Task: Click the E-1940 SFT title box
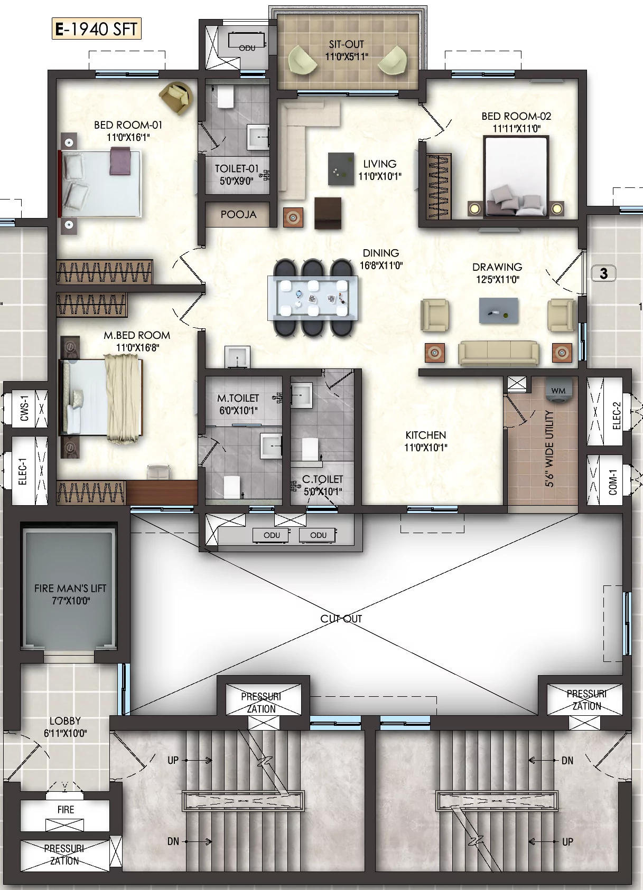(97, 29)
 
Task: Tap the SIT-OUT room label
(347, 44)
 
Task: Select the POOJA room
(237, 214)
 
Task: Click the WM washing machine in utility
(558, 391)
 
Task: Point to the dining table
(313, 298)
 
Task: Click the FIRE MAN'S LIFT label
(70, 588)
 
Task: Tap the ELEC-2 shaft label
(617, 415)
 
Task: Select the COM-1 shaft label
(613, 482)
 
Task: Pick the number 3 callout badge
(603, 273)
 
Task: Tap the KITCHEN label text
(425, 435)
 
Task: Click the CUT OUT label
(341, 619)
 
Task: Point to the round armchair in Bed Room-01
(176, 98)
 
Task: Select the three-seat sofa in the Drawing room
(499, 353)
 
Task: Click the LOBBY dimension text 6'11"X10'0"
(65, 733)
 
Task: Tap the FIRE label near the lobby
(66, 809)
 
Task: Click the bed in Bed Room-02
(516, 177)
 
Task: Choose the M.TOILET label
(238, 398)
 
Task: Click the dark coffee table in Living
(341, 169)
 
